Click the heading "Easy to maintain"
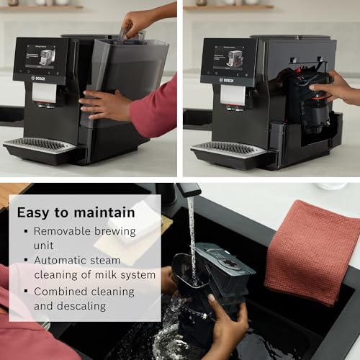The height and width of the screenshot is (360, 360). click(x=76, y=212)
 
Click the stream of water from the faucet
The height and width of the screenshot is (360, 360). click(x=192, y=238)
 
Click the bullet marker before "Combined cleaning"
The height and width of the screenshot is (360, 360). click(x=26, y=292)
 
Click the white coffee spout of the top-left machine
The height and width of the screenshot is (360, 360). click(x=45, y=93)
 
